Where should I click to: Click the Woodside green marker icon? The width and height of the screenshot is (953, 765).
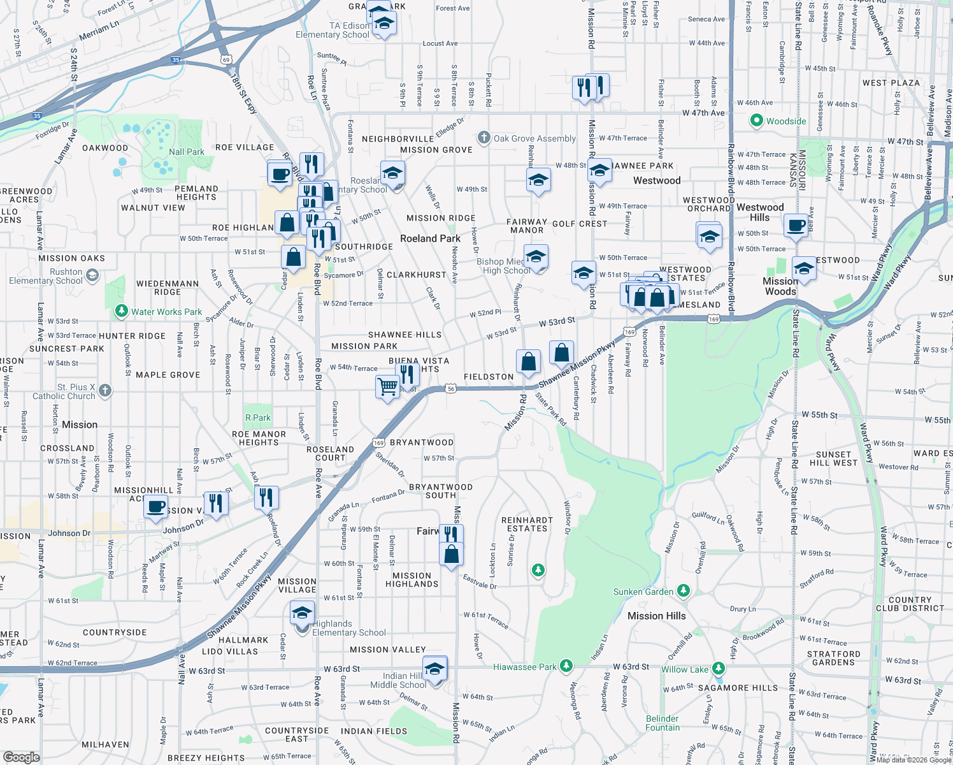[756, 120]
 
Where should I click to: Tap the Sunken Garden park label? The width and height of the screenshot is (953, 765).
[643, 592]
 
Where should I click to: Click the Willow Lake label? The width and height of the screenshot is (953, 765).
[684, 669]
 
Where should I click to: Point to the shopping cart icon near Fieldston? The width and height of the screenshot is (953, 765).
[387, 386]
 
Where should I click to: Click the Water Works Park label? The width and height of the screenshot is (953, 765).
[166, 312]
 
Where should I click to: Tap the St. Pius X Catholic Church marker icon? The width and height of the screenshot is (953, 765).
[105, 390]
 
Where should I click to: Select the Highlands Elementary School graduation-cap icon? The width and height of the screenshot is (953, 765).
[301, 615]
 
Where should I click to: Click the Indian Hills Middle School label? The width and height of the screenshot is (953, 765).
[399, 680]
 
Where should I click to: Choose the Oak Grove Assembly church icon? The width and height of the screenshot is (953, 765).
[484, 138]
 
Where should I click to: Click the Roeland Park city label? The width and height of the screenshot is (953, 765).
[430, 238]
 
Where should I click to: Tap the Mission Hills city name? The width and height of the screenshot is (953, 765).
[656, 616]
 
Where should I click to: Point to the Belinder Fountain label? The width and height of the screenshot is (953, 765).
[662, 723]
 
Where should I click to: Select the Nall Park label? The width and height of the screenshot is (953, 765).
[186, 152]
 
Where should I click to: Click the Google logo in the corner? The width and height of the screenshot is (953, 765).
[21, 757]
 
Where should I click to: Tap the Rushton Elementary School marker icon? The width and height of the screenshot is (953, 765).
[92, 275]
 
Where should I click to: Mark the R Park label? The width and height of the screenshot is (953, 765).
[258, 418]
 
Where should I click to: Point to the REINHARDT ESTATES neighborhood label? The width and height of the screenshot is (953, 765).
[527, 524]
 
